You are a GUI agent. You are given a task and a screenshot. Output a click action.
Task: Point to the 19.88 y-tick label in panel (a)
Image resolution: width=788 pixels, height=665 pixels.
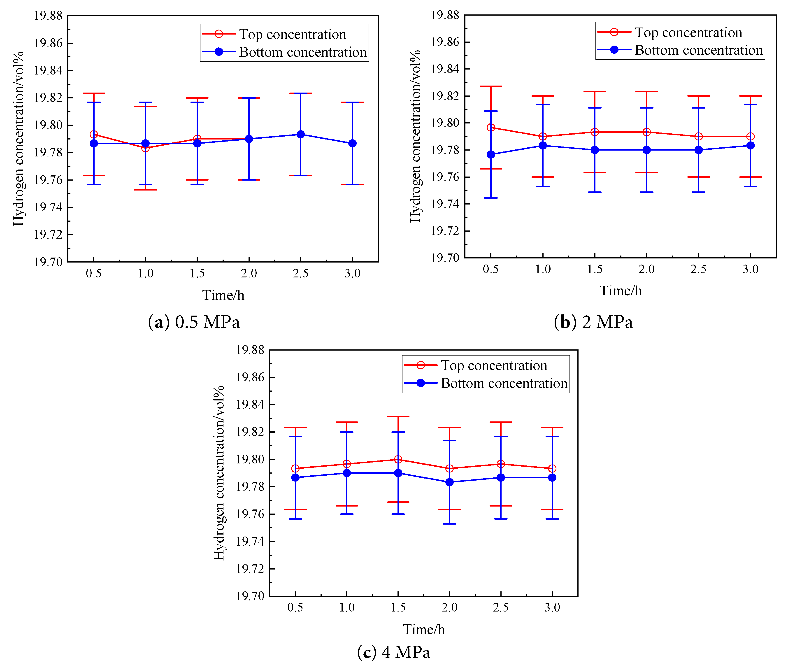coord(48,16)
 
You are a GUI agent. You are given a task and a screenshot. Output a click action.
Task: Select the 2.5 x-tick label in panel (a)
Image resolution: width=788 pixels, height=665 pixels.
coord(300,273)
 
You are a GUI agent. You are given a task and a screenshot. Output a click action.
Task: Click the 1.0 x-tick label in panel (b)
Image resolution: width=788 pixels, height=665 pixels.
coord(543,269)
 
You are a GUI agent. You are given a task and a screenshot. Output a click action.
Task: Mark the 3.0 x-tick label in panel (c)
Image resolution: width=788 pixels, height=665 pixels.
coord(552,607)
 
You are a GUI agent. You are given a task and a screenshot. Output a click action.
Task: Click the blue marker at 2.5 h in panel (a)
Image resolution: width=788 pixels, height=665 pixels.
coord(300,135)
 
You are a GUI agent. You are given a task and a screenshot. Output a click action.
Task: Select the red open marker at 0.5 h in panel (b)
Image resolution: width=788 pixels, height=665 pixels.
coord(491,127)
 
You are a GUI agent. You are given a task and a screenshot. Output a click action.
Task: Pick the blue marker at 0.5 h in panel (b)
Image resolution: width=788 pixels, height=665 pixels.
coord(491,155)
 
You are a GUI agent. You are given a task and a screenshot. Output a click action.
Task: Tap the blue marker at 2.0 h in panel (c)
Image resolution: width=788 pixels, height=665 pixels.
coord(449,482)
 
